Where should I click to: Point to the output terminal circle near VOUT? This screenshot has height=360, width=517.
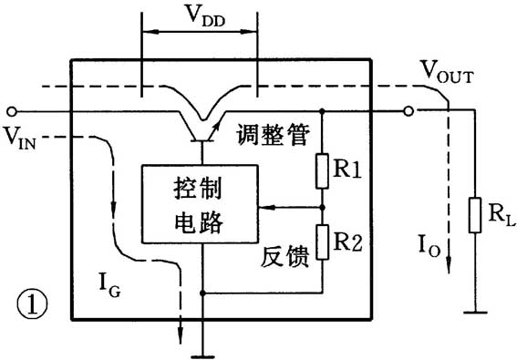click(x=410, y=111)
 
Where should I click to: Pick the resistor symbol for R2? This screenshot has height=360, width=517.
click(x=322, y=243)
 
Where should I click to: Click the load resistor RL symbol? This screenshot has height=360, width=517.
click(x=471, y=213)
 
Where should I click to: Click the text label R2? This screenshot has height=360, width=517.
click(x=349, y=242)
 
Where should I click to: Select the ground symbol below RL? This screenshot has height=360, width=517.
click(x=471, y=312)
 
